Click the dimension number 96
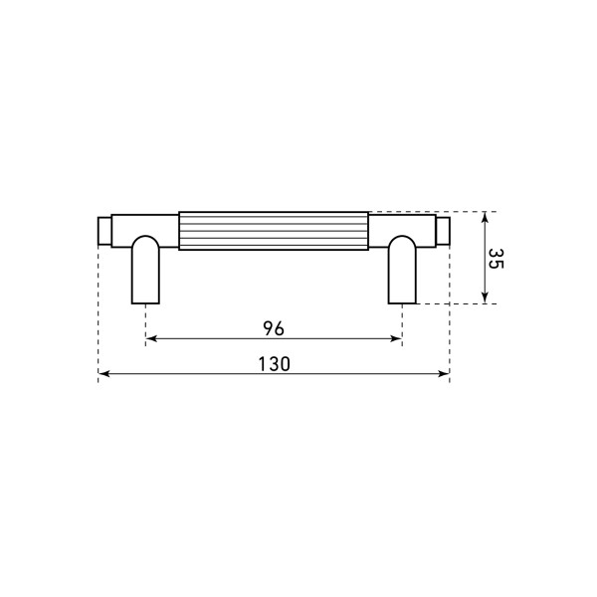click(274, 327)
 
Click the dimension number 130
click(274, 364)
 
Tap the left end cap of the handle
click(104, 230)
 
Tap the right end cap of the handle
click(444, 230)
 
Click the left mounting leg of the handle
click(146, 279)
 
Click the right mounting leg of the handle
click(403, 279)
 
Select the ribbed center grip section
click(274, 230)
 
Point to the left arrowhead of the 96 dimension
click(151, 340)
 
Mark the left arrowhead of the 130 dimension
click(103, 375)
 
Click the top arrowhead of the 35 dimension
click(484, 217)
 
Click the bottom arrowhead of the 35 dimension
click(484, 298)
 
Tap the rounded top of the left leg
click(146, 242)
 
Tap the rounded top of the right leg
click(403, 242)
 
